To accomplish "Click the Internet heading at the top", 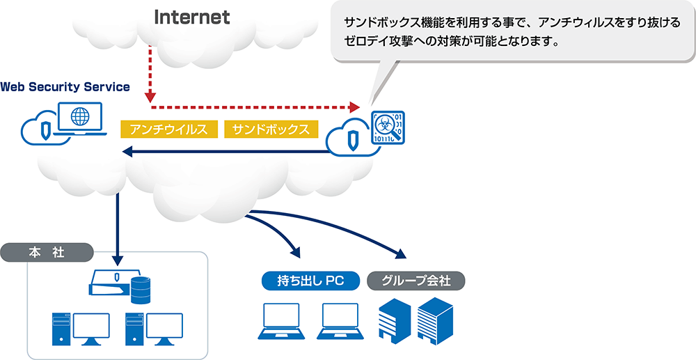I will pyautogui.click(x=191, y=17).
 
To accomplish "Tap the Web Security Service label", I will pyautogui.click(x=65, y=86).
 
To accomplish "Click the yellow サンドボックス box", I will pyautogui.click(x=271, y=129).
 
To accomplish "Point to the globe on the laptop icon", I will pyautogui.click(x=80, y=115).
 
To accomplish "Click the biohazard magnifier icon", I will pyautogui.click(x=387, y=127).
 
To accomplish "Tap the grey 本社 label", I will pyautogui.click(x=47, y=252).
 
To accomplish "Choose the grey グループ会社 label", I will pyautogui.click(x=416, y=281).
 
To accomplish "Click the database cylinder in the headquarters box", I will pyautogui.click(x=141, y=286).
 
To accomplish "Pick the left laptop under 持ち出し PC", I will pyautogui.click(x=280, y=322).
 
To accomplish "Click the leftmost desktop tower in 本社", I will pyautogui.click(x=61, y=329).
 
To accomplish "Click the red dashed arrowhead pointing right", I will pyautogui.click(x=355, y=107).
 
